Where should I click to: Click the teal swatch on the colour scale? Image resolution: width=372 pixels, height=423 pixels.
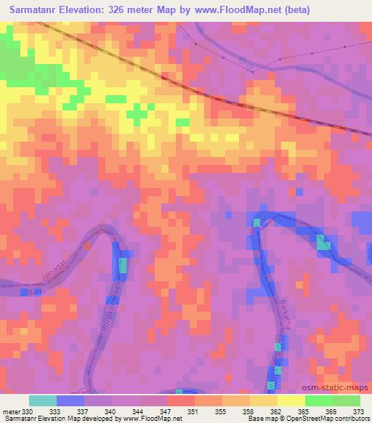[x=43, y=400]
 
